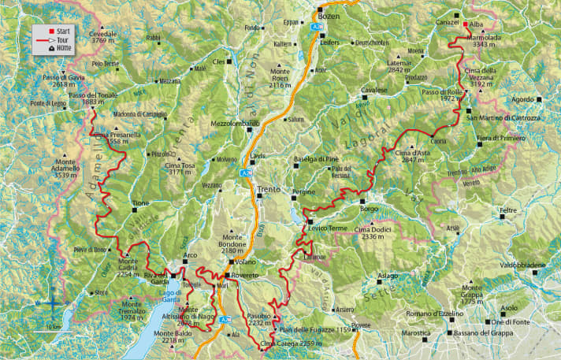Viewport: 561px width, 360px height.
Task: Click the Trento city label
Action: tap(269, 190)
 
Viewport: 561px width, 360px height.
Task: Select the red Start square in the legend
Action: tap(39, 29)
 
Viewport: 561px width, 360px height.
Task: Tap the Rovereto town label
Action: tap(244, 276)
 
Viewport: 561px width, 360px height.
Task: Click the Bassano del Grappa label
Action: tap(486, 333)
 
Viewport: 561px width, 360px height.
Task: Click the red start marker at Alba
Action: tap(466, 24)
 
